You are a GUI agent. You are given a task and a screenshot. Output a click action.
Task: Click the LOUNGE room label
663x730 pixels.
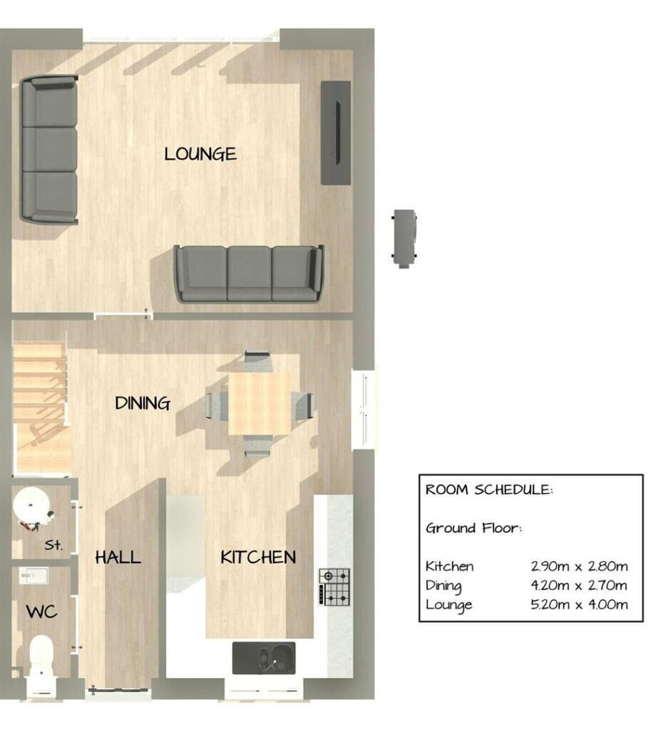point(200,154)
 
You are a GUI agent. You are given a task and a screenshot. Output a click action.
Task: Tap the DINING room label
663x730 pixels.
point(143,403)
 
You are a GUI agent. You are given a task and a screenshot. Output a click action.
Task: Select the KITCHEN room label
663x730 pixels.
point(258,557)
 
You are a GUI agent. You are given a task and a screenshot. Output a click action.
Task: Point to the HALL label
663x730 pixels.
point(118,557)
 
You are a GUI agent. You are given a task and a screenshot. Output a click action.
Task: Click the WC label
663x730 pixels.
point(42,612)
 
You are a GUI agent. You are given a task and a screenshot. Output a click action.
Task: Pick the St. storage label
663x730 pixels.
point(53,545)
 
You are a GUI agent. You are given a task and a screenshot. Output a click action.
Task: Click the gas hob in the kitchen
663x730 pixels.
point(334,587)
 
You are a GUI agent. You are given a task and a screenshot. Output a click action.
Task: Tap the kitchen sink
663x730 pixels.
point(264,658)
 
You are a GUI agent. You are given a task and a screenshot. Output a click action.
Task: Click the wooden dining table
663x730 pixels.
point(259,403)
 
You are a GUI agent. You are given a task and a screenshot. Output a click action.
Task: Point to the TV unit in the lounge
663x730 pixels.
point(336,133)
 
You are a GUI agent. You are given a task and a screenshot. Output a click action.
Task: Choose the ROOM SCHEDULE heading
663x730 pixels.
point(489,490)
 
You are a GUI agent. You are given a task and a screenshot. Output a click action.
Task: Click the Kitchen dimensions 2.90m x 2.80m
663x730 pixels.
point(579,566)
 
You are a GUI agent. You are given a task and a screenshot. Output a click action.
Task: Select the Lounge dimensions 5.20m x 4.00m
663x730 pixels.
point(579,605)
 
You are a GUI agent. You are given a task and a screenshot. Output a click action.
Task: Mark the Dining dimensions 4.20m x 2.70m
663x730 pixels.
point(579,585)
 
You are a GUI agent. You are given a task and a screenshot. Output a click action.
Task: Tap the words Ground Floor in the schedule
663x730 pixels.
point(473,528)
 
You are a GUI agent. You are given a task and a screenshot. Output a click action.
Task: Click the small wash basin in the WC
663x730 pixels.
point(34,576)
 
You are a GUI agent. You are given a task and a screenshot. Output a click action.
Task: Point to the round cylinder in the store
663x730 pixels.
point(31,504)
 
